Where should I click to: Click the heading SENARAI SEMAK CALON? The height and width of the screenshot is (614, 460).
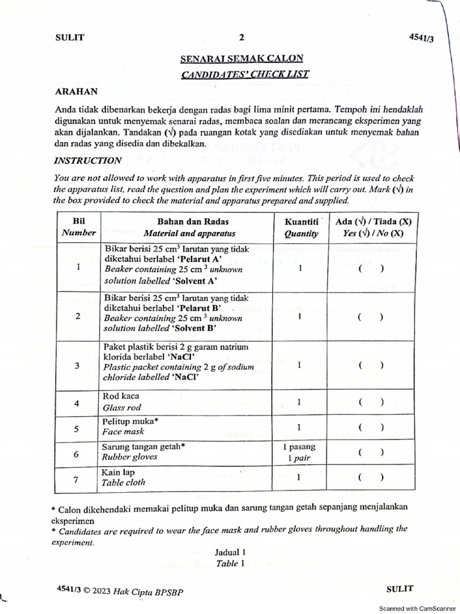click(241, 59)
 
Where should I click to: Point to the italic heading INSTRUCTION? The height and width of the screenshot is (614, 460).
click(87, 161)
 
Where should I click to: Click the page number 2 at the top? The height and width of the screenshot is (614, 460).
click(241, 37)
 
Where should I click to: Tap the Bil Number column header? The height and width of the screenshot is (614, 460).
click(78, 228)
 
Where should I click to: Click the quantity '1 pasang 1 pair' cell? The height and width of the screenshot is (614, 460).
click(299, 453)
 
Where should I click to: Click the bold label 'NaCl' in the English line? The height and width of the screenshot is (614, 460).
click(183, 378)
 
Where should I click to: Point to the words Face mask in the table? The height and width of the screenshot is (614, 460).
click(123, 432)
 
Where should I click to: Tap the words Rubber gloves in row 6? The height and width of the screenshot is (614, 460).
click(129, 457)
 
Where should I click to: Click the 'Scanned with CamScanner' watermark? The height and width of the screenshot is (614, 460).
click(417, 608)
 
